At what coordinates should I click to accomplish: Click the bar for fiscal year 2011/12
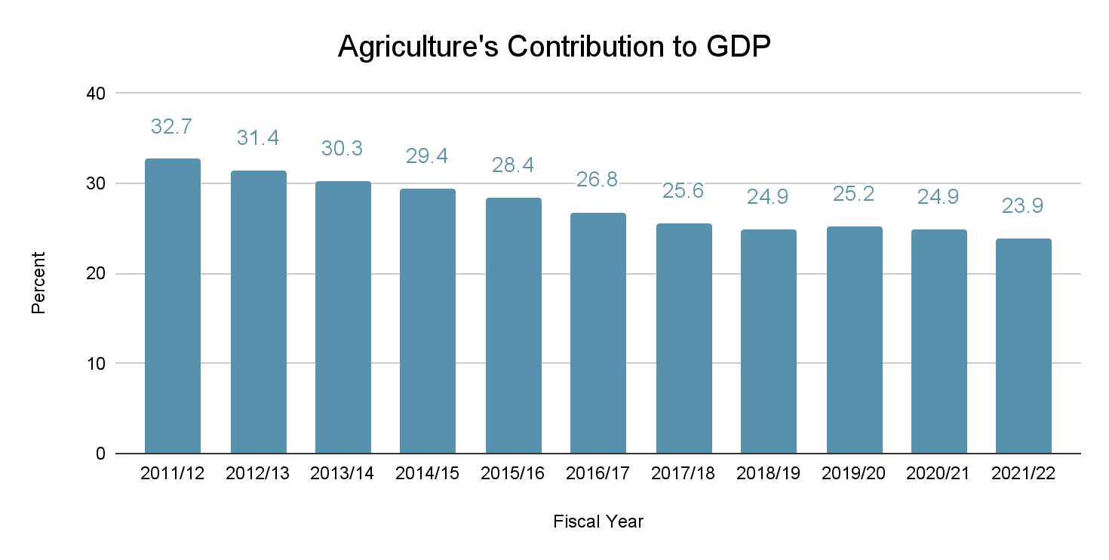173,306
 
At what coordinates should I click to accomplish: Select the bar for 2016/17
598,333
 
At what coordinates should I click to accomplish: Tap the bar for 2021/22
1024,346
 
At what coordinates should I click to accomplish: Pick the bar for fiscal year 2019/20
854,340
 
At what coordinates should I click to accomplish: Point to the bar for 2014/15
428,321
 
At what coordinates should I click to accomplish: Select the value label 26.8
598,180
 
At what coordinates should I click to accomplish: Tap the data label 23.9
1023,206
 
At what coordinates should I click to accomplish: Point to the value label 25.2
853,194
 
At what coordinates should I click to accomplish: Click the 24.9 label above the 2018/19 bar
768,197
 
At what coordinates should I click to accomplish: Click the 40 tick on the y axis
98,94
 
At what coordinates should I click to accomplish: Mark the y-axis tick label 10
98,364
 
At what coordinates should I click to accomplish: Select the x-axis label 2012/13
258,475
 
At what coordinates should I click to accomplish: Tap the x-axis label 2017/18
684,475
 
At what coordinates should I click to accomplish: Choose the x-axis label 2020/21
939,475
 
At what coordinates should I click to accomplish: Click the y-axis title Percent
39,283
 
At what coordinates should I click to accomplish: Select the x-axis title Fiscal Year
598,522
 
